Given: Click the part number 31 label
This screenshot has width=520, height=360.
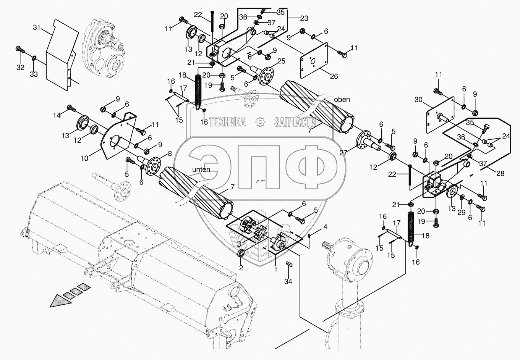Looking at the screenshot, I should click(36, 27).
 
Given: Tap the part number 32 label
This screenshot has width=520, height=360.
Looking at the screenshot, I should click(20, 68).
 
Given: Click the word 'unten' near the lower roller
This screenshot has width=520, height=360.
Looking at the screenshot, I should click(201, 170).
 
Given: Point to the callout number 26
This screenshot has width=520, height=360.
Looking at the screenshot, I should click(334, 76).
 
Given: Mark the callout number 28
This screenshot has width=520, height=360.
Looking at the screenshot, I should click(500, 173).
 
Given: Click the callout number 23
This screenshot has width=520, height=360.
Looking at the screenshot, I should click(304, 18).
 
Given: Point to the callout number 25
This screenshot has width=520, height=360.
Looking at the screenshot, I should click(281, 61).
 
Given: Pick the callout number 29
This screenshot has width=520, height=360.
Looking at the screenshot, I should click(462, 211).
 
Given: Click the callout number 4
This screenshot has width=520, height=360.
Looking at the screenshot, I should click(325, 227).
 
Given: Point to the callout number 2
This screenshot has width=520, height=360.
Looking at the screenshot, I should click(241, 268).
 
